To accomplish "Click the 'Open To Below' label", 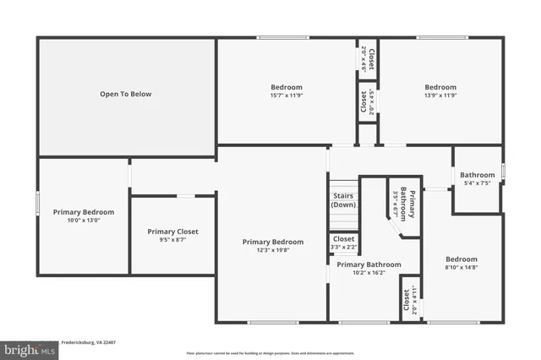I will [x=125, y=94].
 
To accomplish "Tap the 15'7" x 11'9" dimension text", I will [x=286, y=95].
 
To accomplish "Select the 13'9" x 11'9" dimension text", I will [x=440, y=95].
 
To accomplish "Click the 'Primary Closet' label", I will [x=172, y=232].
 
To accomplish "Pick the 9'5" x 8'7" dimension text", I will [x=172, y=240].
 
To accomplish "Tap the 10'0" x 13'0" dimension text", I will [x=83, y=220].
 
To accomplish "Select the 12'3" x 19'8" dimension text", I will [x=272, y=250].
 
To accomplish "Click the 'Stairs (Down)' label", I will [x=343, y=200].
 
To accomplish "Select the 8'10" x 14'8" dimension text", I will [x=462, y=267].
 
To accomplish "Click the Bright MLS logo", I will [x=29, y=346].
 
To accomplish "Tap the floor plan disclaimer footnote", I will [x=270, y=352].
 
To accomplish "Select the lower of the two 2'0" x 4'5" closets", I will [x=365, y=104].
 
